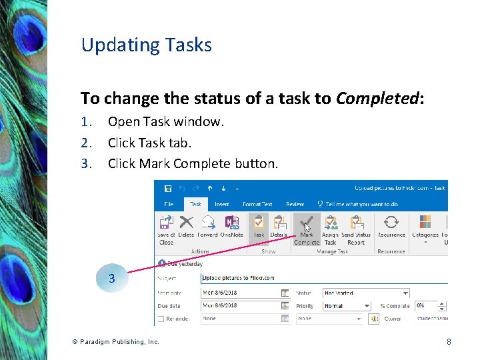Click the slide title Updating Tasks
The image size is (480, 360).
pos(146,45)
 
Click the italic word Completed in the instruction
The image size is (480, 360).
pos(377,99)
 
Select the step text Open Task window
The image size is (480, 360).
pos(166,122)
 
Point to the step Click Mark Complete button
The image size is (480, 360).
pos(193,163)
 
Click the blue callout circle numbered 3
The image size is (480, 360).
pos(111,279)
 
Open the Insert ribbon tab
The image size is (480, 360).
pos(222,204)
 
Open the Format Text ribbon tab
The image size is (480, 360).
pos(257,204)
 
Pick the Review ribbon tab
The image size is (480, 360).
pos(295,204)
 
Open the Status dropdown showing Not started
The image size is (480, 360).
pos(366,293)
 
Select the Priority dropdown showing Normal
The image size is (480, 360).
pos(347,306)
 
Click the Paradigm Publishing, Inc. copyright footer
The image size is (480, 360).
pos(115,342)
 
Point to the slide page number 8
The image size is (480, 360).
pos(449,342)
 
